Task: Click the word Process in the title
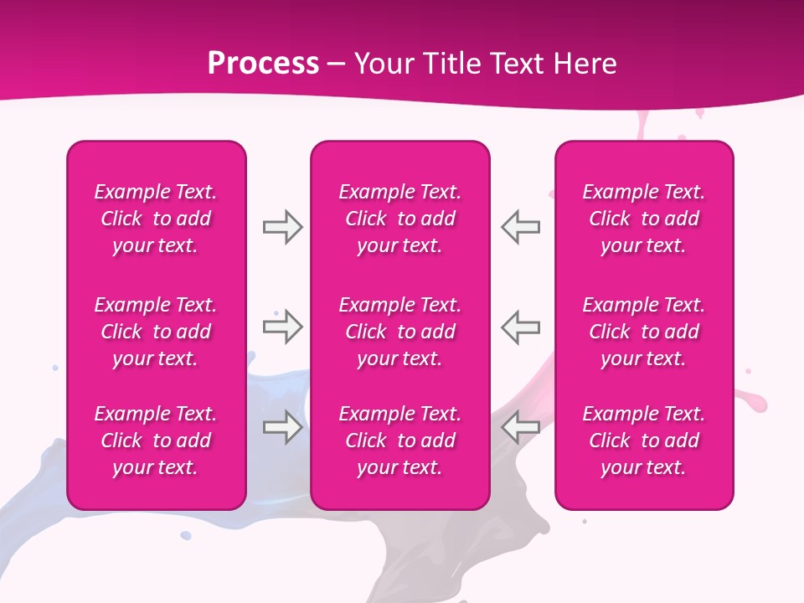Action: pyautogui.click(x=263, y=64)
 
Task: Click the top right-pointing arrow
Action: pyautogui.click(x=282, y=227)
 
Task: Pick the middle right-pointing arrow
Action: pyautogui.click(x=282, y=327)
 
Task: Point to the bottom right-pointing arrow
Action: pyautogui.click(x=282, y=427)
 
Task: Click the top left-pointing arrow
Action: pyautogui.click(x=521, y=227)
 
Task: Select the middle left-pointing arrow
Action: pyautogui.click(x=521, y=327)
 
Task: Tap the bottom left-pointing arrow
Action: pyautogui.click(x=521, y=427)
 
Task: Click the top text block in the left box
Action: pyautogui.click(x=156, y=219)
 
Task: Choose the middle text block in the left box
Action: pyautogui.click(x=156, y=332)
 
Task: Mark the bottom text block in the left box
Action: pyautogui.click(x=156, y=441)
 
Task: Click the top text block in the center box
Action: pyautogui.click(x=400, y=219)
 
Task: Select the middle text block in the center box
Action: pyautogui.click(x=400, y=332)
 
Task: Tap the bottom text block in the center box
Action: pyautogui.click(x=400, y=441)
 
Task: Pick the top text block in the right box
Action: pyautogui.click(x=644, y=219)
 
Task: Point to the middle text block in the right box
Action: pyautogui.click(x=644, y=332)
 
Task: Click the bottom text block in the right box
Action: pyautogui.click(x=644, y=441)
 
